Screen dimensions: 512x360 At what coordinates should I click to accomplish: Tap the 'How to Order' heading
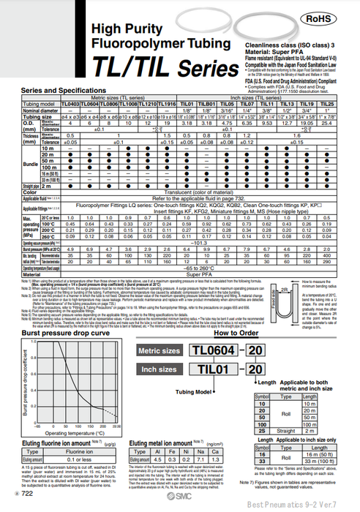(235, 333)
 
